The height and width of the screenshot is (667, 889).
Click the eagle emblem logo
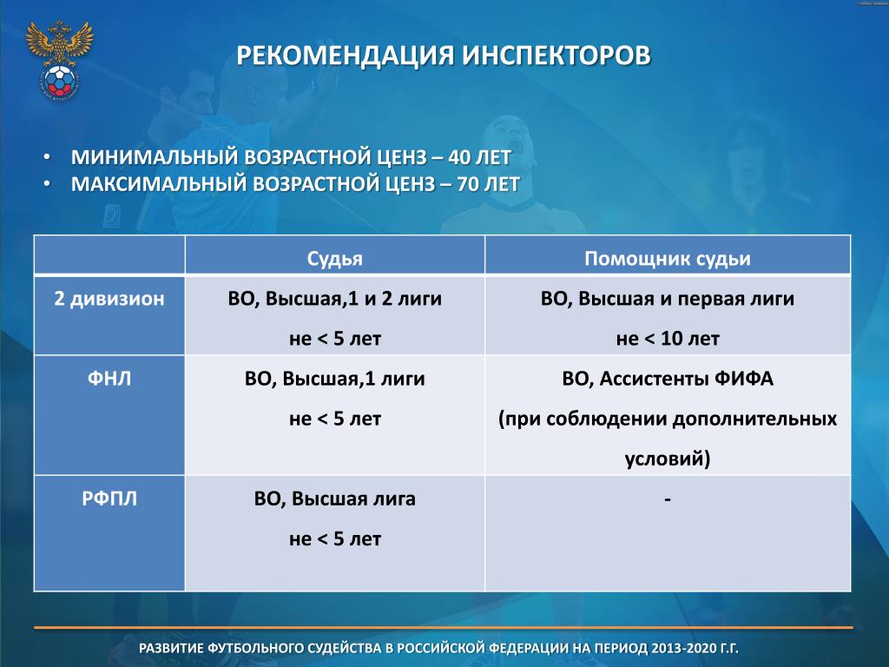coord(59,61)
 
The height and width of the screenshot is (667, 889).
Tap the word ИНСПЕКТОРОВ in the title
coord(556,56)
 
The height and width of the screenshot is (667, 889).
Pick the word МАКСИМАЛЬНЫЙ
coord(158,184)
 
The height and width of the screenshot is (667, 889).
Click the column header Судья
coord(334,259)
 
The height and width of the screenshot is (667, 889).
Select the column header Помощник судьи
coord(668,259)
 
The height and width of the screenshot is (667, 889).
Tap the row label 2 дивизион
coord(109,299)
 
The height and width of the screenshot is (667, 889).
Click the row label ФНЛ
coord(109,379)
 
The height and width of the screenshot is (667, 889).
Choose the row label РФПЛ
coord(109,499)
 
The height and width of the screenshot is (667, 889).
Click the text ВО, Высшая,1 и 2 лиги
coord(334,299)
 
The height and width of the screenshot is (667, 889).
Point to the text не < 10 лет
coord(668,339)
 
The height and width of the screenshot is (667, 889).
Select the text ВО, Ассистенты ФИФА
coord(668,379)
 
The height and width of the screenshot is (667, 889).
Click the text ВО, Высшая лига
coord(334,499)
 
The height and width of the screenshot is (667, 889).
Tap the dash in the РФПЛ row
coord(668,499)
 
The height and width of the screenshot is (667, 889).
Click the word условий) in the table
coord(668,459)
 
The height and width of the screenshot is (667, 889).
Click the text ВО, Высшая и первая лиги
coord(668,299)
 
